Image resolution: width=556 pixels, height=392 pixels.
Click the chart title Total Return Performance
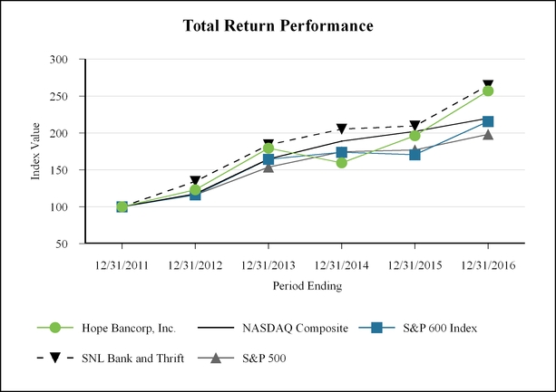tap(278, 26)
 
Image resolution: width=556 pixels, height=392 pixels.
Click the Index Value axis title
tap(36, 151)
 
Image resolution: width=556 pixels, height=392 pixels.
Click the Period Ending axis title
tap(305, 285)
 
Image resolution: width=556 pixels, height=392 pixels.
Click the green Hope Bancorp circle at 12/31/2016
tap(488, 91)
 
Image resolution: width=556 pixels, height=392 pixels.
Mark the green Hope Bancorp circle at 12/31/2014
tap(342, 163)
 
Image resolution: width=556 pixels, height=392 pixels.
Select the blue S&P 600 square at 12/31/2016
tap(488, 121)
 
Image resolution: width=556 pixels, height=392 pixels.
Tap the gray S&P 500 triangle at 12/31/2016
tap(488, 135)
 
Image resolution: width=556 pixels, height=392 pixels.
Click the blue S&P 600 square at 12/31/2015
tap(415, 155)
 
